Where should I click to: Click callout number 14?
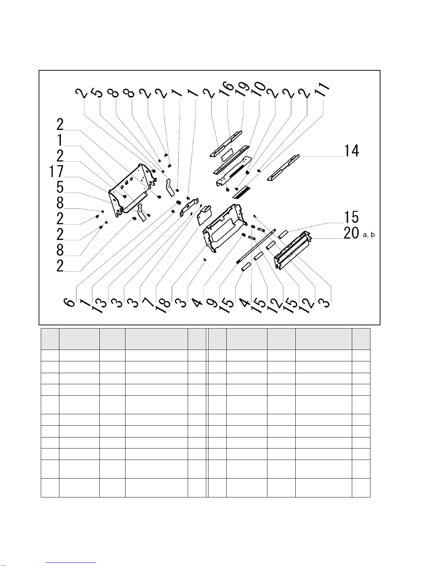click(351, 151)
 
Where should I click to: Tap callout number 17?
click(56, 172)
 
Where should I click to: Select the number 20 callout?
click(351, 233)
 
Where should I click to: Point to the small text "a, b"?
click(369, 235)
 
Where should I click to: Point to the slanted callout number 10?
click(259, 89)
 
